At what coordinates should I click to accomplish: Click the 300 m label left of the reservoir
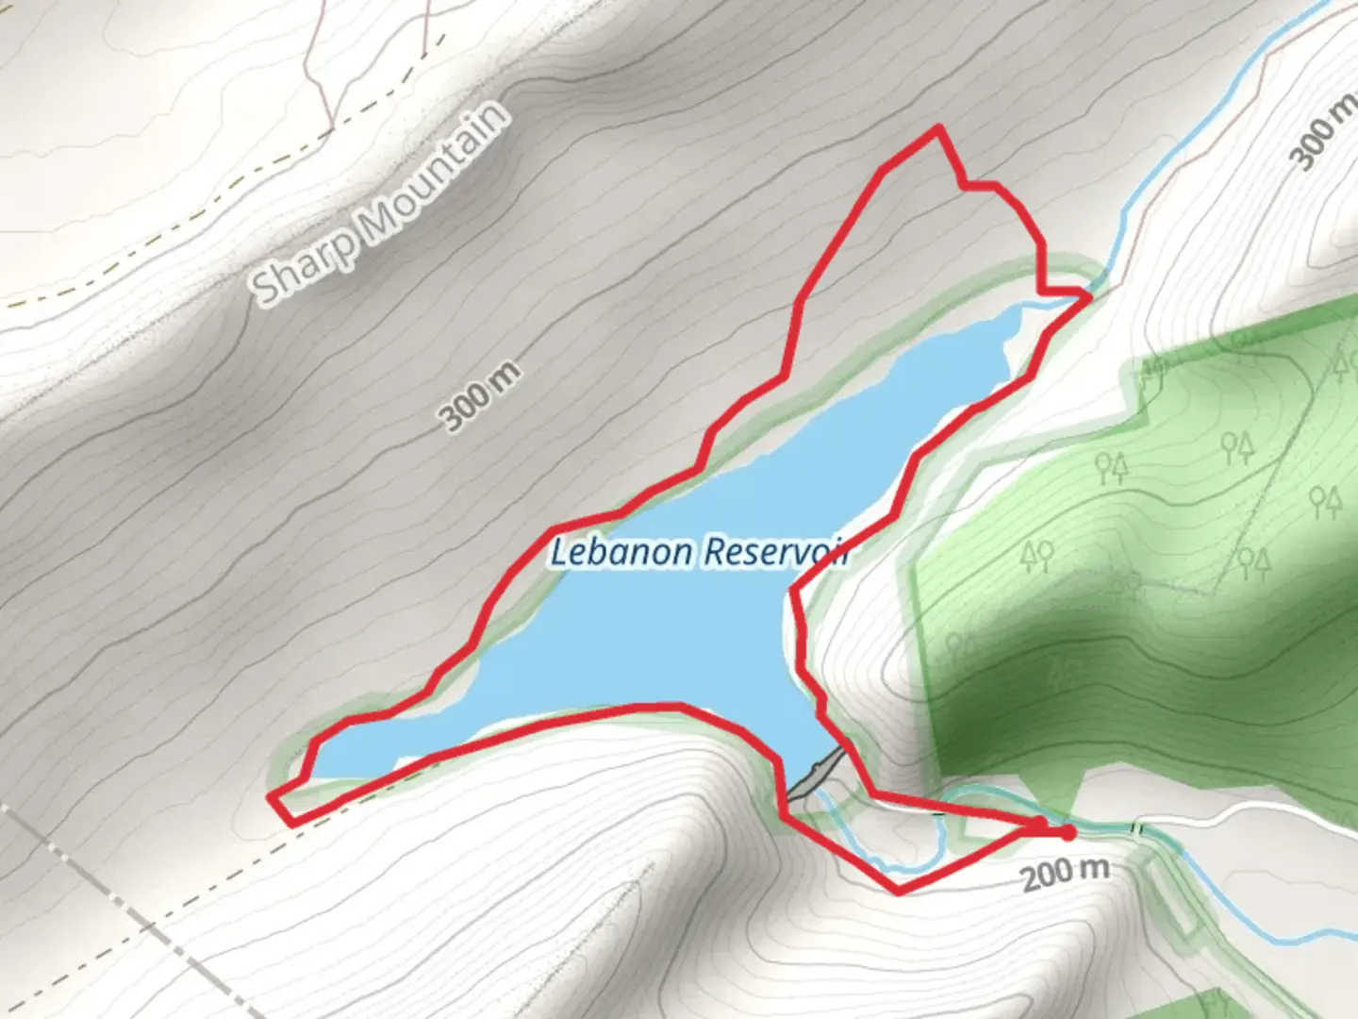click(480, 396)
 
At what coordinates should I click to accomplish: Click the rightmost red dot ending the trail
click(1067, 832)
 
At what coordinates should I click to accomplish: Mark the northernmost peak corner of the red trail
click(937, 127)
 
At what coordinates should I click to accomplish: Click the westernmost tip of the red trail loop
click(272, 798)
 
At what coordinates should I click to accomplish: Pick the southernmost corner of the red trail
click(898, 891)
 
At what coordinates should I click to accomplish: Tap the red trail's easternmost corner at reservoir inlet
click(1089, 297)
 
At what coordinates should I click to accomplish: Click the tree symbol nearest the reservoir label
click(1037, 557)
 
